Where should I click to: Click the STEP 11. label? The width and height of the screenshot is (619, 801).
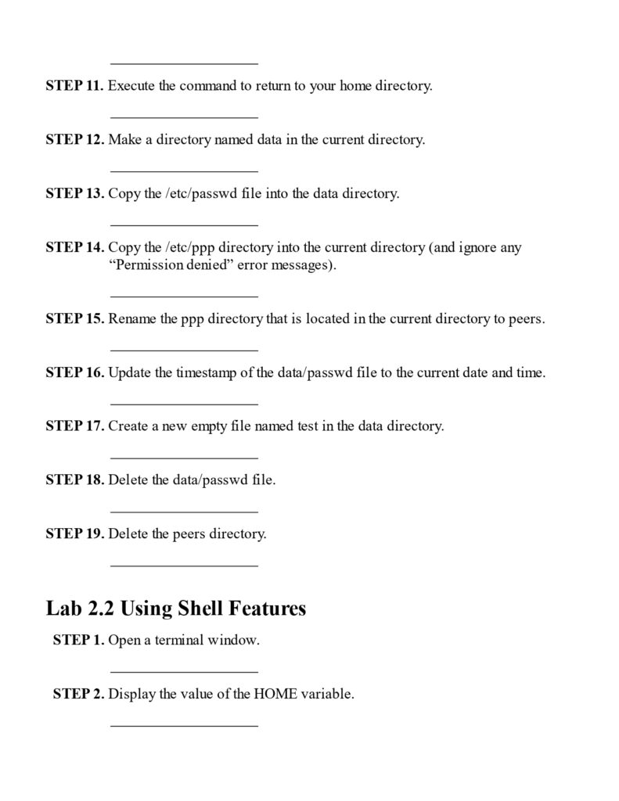tap(74, 86)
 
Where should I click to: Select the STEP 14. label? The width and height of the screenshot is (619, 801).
tap(74, 248)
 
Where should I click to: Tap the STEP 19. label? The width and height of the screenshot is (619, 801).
tap(74, 534)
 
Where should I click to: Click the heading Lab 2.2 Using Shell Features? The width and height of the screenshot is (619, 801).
tap(176, 608)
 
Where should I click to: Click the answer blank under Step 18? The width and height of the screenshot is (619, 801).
tap(184, 510)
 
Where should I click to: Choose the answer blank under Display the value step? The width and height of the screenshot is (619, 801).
tap(184, 725)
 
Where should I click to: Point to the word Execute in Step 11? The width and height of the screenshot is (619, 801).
tap(131, 86)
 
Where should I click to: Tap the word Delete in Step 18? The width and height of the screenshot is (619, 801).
tap(128, 480)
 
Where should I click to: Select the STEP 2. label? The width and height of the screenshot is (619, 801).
tap(78, 694)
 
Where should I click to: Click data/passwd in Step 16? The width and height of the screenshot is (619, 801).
tap(311, 373)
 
